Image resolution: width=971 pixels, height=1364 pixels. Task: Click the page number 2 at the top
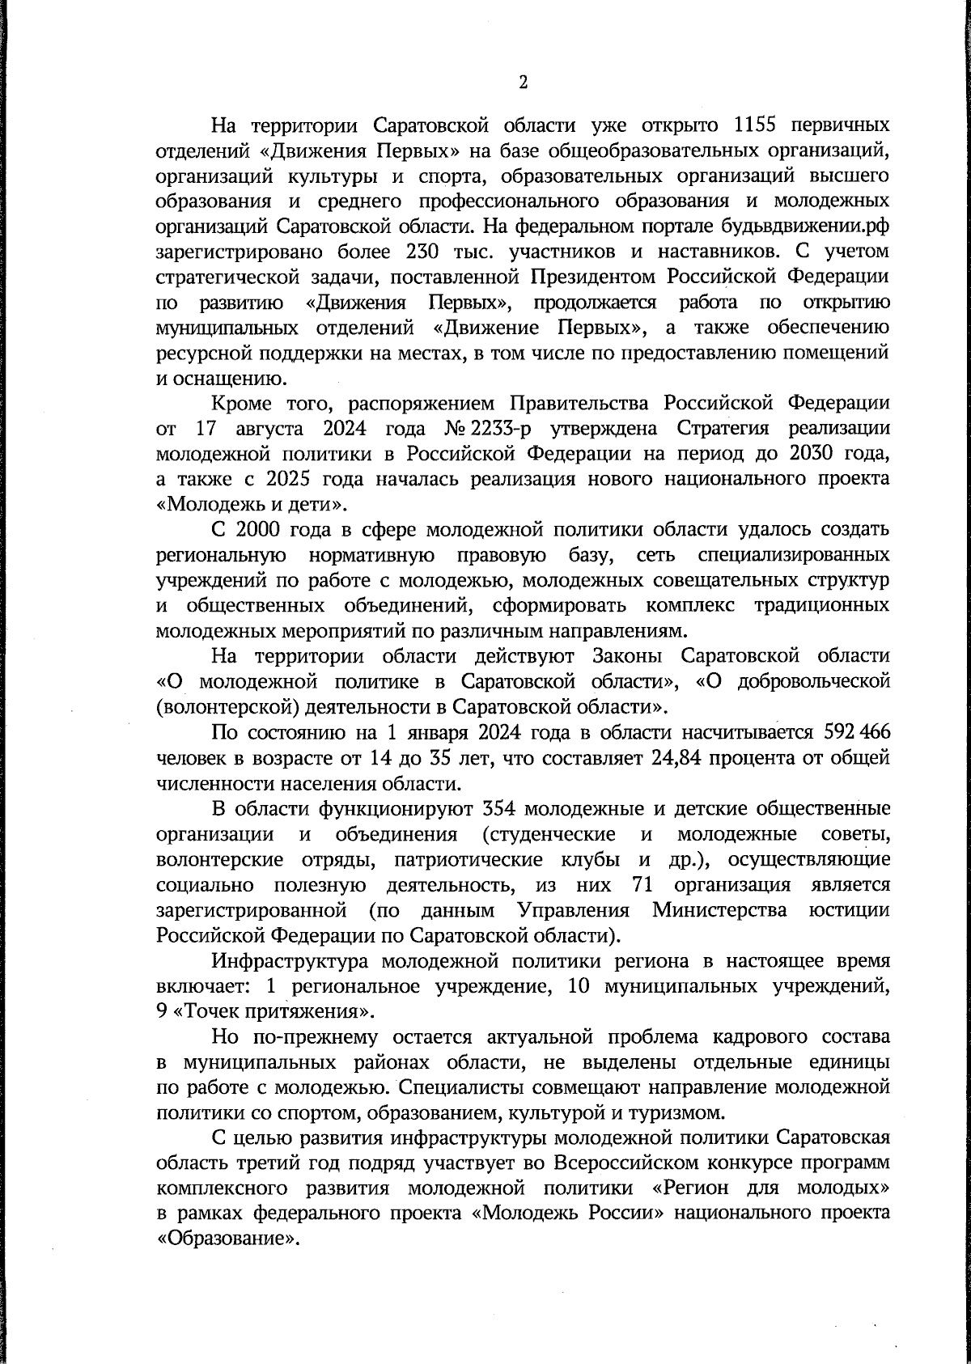coord(523,83)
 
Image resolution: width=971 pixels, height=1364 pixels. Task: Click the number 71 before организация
coord(639,884)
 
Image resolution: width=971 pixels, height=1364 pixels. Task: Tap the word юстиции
coord(850,910)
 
